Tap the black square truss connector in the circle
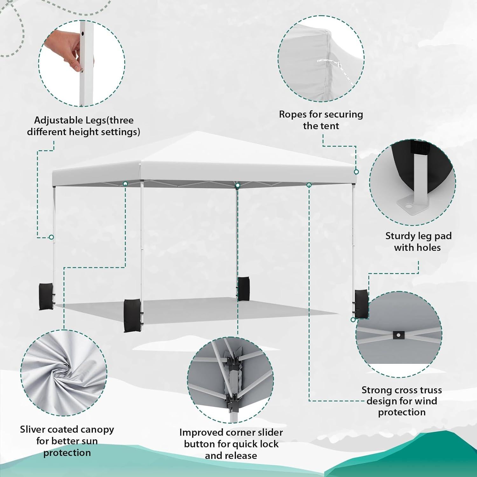tap(398, 335)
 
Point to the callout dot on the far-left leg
tap(51, 237)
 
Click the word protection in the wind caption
tap(402, 412)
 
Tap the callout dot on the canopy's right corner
tap(356, 172)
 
